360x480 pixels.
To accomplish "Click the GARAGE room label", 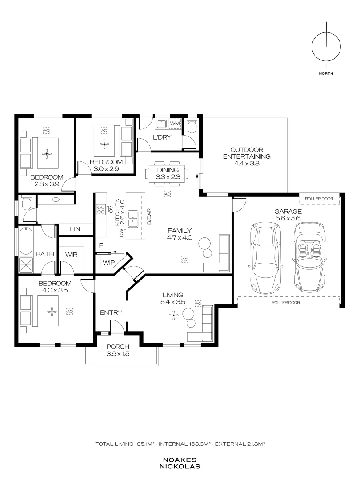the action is click(x=288, y=211).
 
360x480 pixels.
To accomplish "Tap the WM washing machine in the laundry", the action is click(x=175, y=124).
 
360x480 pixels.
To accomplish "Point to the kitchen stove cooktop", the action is click(x=101, y=209).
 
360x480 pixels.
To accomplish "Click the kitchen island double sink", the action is click(x=133, y=219).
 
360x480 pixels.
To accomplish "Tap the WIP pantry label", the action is click(x=109, y=263).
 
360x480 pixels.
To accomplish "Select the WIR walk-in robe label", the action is click(x=71, y=254).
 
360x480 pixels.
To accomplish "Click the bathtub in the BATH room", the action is click(x=26, y=241).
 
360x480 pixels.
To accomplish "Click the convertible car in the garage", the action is click(x=309, y=257).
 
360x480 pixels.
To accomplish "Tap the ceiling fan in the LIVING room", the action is click(x=174, y=315).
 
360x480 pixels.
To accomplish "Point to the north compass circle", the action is click(x=326, y=48).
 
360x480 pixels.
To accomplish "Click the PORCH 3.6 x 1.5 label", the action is click(x=118, y=350).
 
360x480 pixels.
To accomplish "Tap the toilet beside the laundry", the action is click(x=192, y=126).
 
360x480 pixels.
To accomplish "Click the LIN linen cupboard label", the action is click(x=75, y=229).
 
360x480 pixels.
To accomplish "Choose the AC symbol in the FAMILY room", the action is click(x=184, y=259).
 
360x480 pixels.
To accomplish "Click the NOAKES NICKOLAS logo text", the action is click(x=180, y=464).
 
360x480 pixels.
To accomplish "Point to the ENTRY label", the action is click(x=111, y=312).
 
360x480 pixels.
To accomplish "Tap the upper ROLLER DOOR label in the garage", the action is click(x=319, y=199).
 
